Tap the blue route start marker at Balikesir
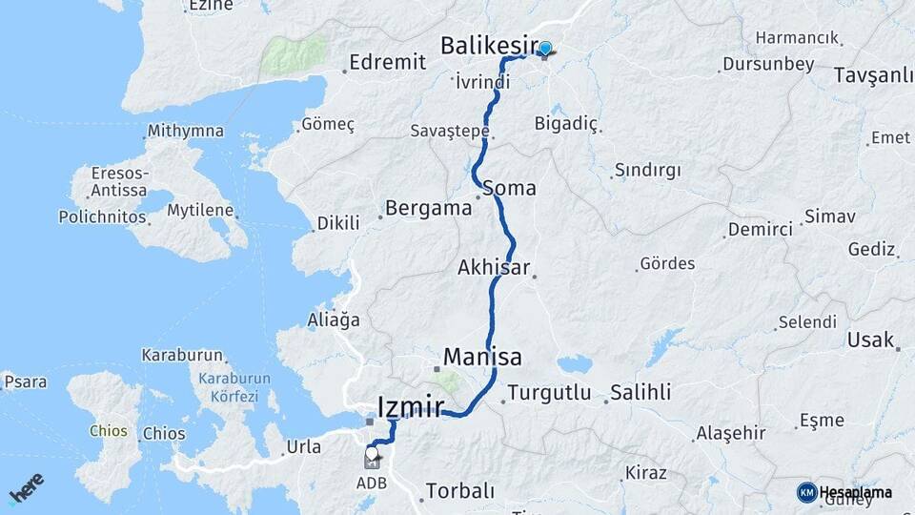pyautogui.click(x=545, y=49)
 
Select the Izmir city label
pyautogui.click(x=411, y=407)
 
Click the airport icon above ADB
pyautogui.click(x=371, y=459)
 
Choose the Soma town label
pyautogui.click(x=509, y=188)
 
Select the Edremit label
pyautogui.click(x=387, y=62)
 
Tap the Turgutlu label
pyautogui.click(x=549, y=392)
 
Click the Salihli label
pyautogui.click(x=640, y=392)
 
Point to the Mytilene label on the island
pyautogui.click(x=200, y=210)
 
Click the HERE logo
pyautogui.click(x=26, y=487)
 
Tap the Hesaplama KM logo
pyautogui.click(x=844, y=493)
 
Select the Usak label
pyautogui.click(x=869, y=340)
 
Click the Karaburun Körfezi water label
pyautogui.click(x=234, y=386)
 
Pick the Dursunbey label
pyautogui.click(x=768, y=65)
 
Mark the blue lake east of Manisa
pyautogui.click(x=574, y=364)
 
